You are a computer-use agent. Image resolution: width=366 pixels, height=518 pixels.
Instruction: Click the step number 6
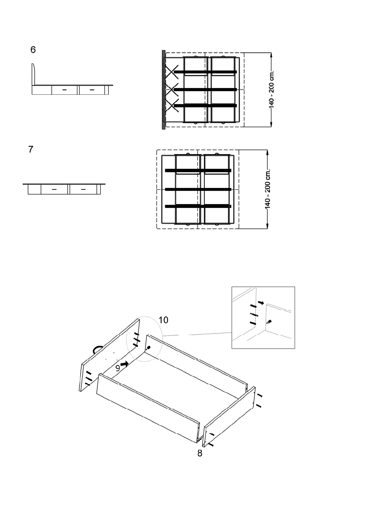coord(33,50)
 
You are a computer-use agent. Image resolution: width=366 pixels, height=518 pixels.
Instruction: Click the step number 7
coord(31,149)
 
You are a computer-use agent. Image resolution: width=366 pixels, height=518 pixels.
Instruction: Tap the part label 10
coord(163,320)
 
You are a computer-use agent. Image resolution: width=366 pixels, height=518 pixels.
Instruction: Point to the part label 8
coord(200,453)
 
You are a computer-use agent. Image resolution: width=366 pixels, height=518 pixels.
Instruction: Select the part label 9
coord(117,368)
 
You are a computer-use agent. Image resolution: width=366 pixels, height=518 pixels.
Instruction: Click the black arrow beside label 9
coord(125,364)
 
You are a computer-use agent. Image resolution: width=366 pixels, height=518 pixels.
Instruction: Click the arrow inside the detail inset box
coord(261,303)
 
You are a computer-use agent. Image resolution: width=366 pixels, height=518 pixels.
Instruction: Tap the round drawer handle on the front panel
coord(96,349)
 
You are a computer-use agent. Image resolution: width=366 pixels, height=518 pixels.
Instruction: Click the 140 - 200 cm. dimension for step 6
coord(272,90)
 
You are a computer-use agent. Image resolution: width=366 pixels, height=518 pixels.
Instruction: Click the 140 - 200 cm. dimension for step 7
coord(268,189)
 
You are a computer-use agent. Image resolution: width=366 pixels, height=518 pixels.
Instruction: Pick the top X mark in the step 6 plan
coord(172,72)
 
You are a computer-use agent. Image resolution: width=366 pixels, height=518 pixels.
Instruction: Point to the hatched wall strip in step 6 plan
coord(164,90)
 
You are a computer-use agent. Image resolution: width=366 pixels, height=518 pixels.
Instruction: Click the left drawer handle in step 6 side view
coord(65,90)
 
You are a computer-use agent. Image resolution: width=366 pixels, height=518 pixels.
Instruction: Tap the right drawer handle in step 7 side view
coord(83,189)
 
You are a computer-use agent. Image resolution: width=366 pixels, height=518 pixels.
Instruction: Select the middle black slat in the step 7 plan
coord(198,189)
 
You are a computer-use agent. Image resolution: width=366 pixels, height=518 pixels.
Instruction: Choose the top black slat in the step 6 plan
coord(205,72)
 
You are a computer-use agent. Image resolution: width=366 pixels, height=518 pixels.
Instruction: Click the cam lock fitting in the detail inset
coord(269,322)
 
